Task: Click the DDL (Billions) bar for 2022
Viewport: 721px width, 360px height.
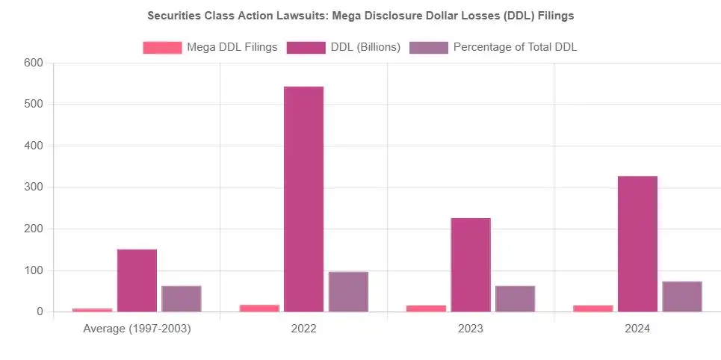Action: click(303, 199)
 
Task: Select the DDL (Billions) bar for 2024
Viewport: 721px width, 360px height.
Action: click(637, 244)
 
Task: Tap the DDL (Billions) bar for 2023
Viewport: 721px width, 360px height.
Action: click(471, 265)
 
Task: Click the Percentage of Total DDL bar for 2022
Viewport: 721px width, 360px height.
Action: click(348, 292)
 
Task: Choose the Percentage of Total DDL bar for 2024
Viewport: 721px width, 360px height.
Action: click(681, 297)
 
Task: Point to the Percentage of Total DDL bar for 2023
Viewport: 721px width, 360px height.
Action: click(515, 299)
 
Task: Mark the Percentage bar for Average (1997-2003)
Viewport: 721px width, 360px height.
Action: click(182, 299)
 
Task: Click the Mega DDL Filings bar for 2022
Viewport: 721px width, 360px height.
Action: click(259, 308)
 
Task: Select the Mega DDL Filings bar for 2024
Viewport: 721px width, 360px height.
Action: click(593, 308)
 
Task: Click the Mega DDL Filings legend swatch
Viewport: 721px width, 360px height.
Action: click(162, 48)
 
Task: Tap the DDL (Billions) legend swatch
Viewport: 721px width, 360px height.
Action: click(306, 48)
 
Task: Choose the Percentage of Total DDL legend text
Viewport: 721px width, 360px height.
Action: click(515, 48)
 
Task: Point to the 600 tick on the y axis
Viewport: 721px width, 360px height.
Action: click(33, 63)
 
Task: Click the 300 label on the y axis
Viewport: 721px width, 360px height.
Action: click(33, 187)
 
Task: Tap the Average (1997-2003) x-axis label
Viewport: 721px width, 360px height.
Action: click(137, 329)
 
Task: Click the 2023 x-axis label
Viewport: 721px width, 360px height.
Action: click(471, 329)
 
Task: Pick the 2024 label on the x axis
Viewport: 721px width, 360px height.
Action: click(637, 329)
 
